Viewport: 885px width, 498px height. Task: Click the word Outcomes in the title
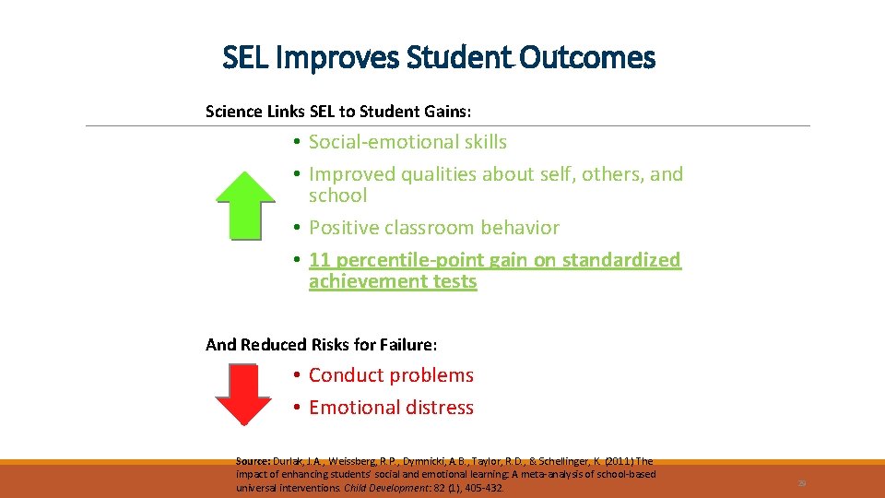[x=587, y=58]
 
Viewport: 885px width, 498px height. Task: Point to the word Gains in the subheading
[x=449, y=112]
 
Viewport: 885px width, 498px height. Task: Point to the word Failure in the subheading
[x=407, y=345]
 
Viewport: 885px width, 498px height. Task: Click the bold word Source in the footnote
[x=252, y=461]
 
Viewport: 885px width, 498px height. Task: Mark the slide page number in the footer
[x=802, y=481]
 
